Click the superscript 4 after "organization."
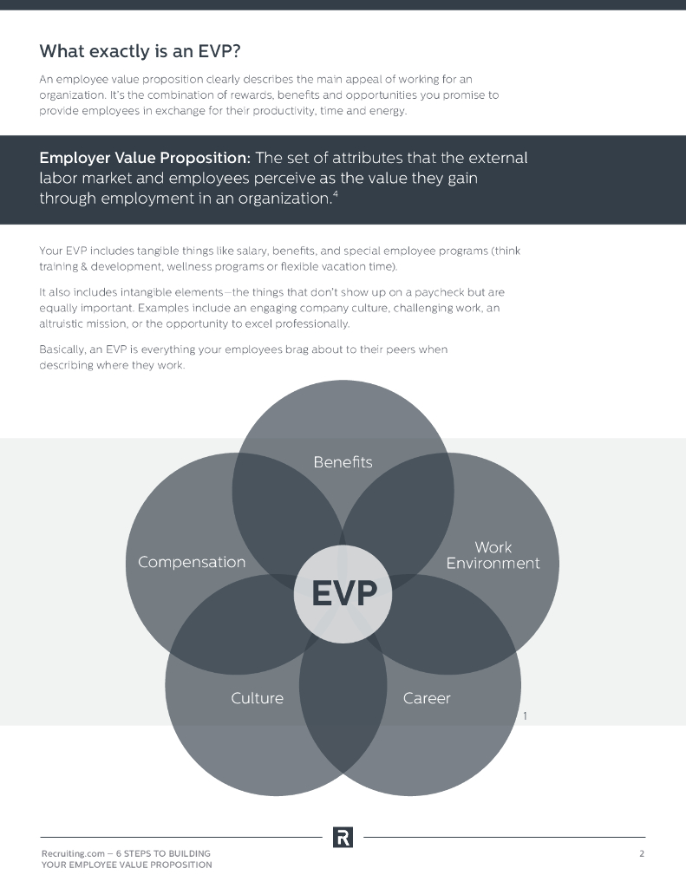click(335, 193)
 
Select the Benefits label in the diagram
click(343, 461)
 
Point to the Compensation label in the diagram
click(192, 562)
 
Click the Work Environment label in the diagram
click(493, 555)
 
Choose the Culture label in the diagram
click(257, 697)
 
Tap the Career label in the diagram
click(427, 697)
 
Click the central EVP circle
click(344, 594)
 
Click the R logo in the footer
click(343, 837)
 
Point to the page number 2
click(642, 853)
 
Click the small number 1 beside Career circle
click(526, 716)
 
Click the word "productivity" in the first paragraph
click(293, 110)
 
